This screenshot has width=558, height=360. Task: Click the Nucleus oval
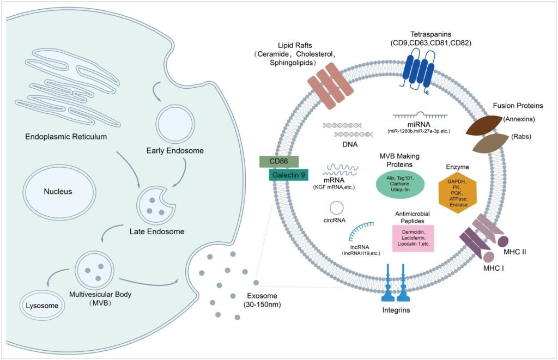tap(58, 191)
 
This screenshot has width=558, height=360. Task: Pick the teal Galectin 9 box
tap(289, 175)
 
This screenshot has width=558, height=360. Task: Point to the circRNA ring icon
tap(337, 208)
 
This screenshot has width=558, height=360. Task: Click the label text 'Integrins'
tap(396, 310)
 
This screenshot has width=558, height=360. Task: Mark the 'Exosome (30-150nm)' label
tap(262, 300)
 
